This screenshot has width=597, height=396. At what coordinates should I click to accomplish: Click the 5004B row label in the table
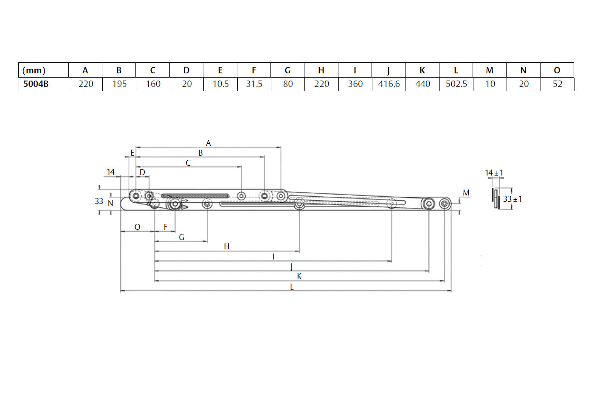click(36, 84)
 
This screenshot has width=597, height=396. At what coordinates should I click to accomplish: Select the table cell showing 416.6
click(389, 84)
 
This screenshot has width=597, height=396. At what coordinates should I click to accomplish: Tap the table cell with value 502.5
click(456, 84)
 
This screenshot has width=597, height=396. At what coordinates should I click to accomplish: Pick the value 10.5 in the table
click(220, 84)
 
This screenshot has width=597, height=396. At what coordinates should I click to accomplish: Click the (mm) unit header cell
click(34, 70)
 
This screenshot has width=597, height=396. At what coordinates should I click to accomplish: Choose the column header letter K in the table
click(422, 70)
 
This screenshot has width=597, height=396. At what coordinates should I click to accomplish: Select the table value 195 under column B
click(119, 84)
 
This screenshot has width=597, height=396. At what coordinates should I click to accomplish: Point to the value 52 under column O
click(557, 84)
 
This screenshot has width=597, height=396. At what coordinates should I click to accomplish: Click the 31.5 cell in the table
click(254, 84)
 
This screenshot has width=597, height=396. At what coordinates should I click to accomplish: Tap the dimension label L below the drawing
click(292, 287)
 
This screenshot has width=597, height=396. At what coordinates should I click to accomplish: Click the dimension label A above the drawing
click(208, 143)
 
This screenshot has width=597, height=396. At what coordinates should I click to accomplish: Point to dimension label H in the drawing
click(226, 246)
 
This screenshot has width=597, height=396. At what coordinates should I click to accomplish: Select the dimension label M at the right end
click(466, 193)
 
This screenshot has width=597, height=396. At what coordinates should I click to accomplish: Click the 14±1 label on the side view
click(494, 173)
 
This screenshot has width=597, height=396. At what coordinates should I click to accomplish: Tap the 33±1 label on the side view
click(513, 199)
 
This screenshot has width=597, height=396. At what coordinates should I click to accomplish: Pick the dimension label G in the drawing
click(181, 237)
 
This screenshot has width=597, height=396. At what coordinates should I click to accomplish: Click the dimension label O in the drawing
click(137, 227)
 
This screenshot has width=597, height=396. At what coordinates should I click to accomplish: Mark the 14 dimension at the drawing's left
click(111, 172)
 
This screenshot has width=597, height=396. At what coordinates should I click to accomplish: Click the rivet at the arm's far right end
click(444, 204)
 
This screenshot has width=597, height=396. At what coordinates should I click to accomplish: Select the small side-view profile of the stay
click(496, 199)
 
